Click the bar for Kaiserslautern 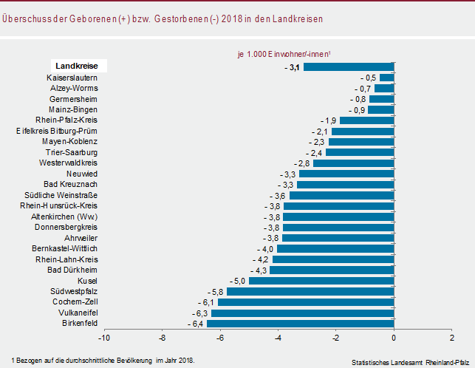[387, 78]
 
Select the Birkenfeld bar [301, 324]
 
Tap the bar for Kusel [321, 281]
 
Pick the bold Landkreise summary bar [349, 67]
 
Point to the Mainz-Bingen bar [381, 110]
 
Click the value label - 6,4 [195, 324]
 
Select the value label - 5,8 [216, 292]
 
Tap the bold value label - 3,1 [292, 67]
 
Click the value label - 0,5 [369, 78]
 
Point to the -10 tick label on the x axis [104, 338]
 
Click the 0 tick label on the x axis [394, 338]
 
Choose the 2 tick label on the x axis [452, 338]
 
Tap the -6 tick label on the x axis [220, 338]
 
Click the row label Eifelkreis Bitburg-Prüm [57, 132]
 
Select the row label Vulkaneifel [78, 313]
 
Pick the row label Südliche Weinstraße [61, 195]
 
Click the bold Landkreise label [77, 66]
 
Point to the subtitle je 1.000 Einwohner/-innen [284, 54]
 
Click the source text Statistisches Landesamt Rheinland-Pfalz [410, 363]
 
